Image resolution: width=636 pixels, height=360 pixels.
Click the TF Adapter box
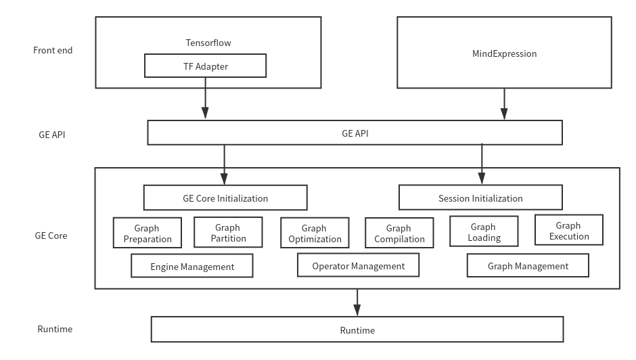point(205,66)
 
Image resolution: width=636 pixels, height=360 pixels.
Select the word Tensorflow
point(208,43)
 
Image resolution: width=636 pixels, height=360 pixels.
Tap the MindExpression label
point(504,53)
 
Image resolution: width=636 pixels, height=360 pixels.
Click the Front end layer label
point(52,50)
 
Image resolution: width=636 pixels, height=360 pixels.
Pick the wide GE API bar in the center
point(355,133)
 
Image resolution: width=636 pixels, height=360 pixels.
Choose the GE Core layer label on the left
point(51,236)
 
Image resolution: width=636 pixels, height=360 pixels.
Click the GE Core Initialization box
point(225,198)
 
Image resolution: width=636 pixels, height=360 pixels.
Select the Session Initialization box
point(480,198)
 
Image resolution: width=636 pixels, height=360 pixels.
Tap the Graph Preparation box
point(147,233)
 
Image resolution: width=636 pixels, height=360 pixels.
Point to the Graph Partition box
point(228,233)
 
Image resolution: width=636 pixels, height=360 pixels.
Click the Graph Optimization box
point(315,233)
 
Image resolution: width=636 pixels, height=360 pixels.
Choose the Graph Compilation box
point(399,233)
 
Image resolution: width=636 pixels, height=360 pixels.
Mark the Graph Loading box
point(484,232)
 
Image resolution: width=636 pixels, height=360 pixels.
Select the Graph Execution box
point(568,231)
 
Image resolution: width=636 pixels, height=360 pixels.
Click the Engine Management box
point(192,267)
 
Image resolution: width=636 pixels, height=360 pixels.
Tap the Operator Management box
point(358,266)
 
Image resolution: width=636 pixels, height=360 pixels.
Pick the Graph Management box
point(528,266)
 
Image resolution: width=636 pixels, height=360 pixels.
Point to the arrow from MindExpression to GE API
point(503,104)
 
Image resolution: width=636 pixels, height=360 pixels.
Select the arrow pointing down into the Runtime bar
point(357,302)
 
